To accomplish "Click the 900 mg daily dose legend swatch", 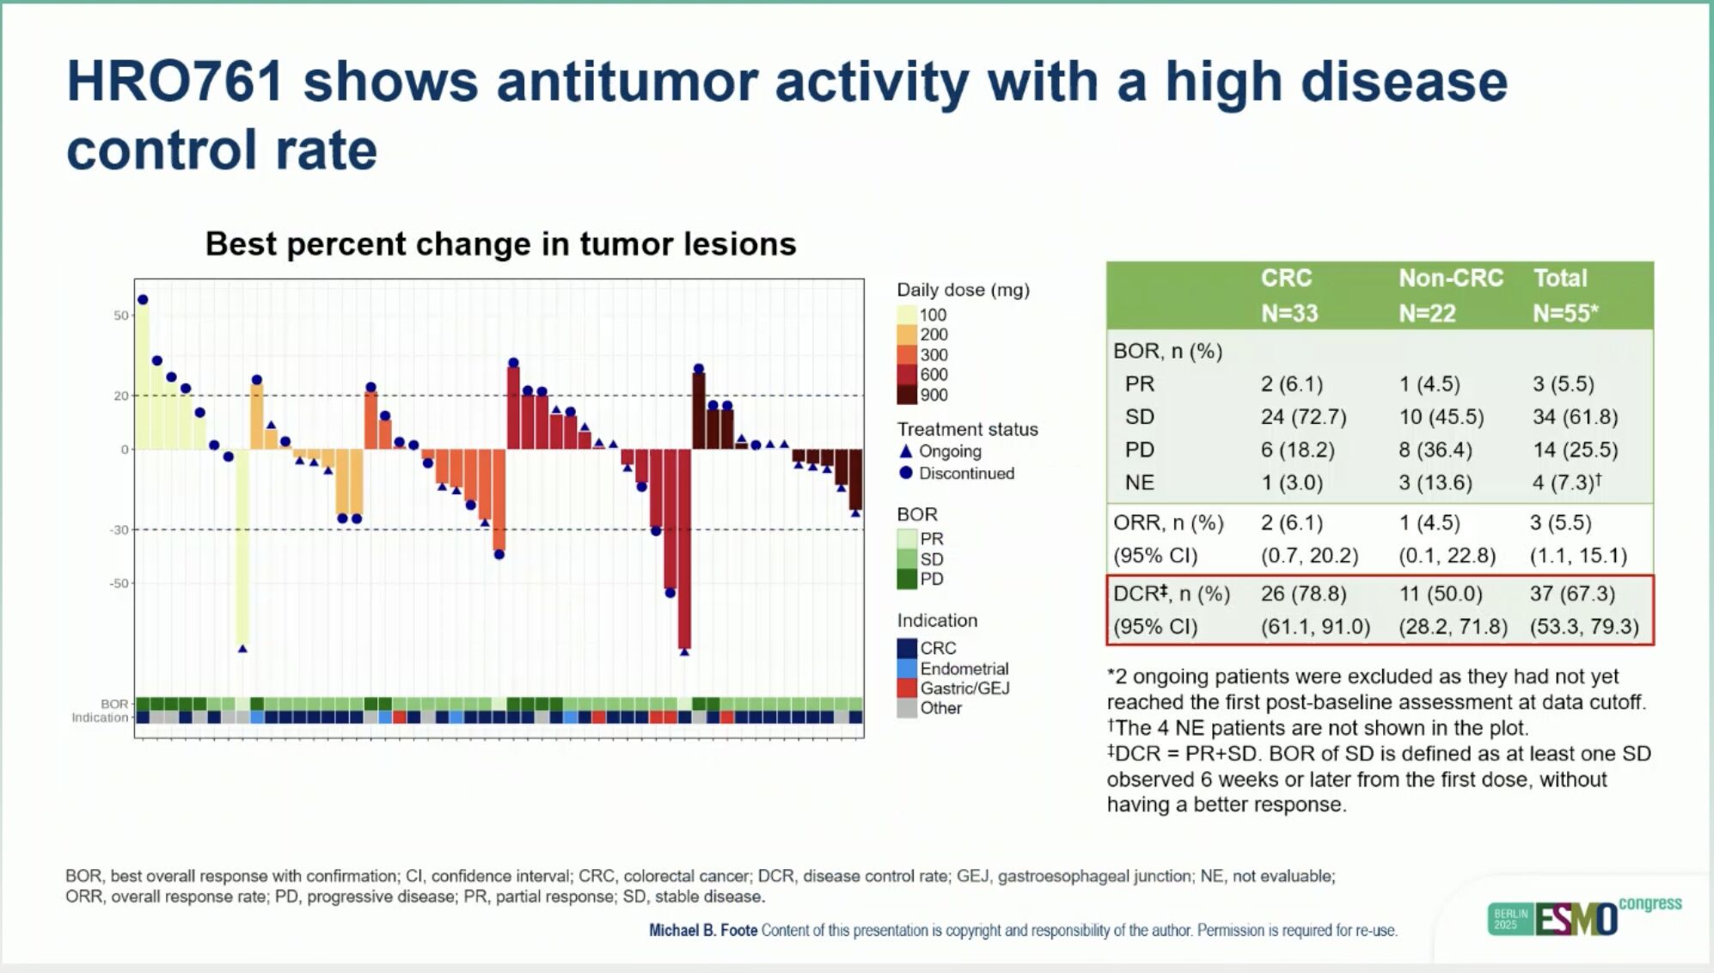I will (x=907, y=395).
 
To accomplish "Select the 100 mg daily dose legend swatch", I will (x=907, y=315).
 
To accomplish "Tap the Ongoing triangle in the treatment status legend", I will (x=905, y=451).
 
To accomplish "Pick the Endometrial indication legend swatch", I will (x=907, y=668).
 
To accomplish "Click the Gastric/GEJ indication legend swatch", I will (x=907, y=688).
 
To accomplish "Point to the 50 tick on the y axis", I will (x=121, y=315).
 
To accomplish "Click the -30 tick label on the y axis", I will (x=119, y=529).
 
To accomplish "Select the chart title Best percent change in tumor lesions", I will (x=500, y=244).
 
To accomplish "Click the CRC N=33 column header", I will (x=1288, y=295).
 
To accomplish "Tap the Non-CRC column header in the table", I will (x=1450, y=278).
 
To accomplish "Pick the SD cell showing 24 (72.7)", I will (x=1303, y=417).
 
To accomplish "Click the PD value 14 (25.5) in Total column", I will (x=1575, y=450).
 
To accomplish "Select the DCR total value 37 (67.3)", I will (x=1572, y=593).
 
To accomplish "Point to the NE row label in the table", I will (x=1139, y=482).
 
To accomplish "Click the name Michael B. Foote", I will (x=702, y=930).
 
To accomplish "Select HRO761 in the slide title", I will (x=174, y=82).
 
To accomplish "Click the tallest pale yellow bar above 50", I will (x=143, y=375).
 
